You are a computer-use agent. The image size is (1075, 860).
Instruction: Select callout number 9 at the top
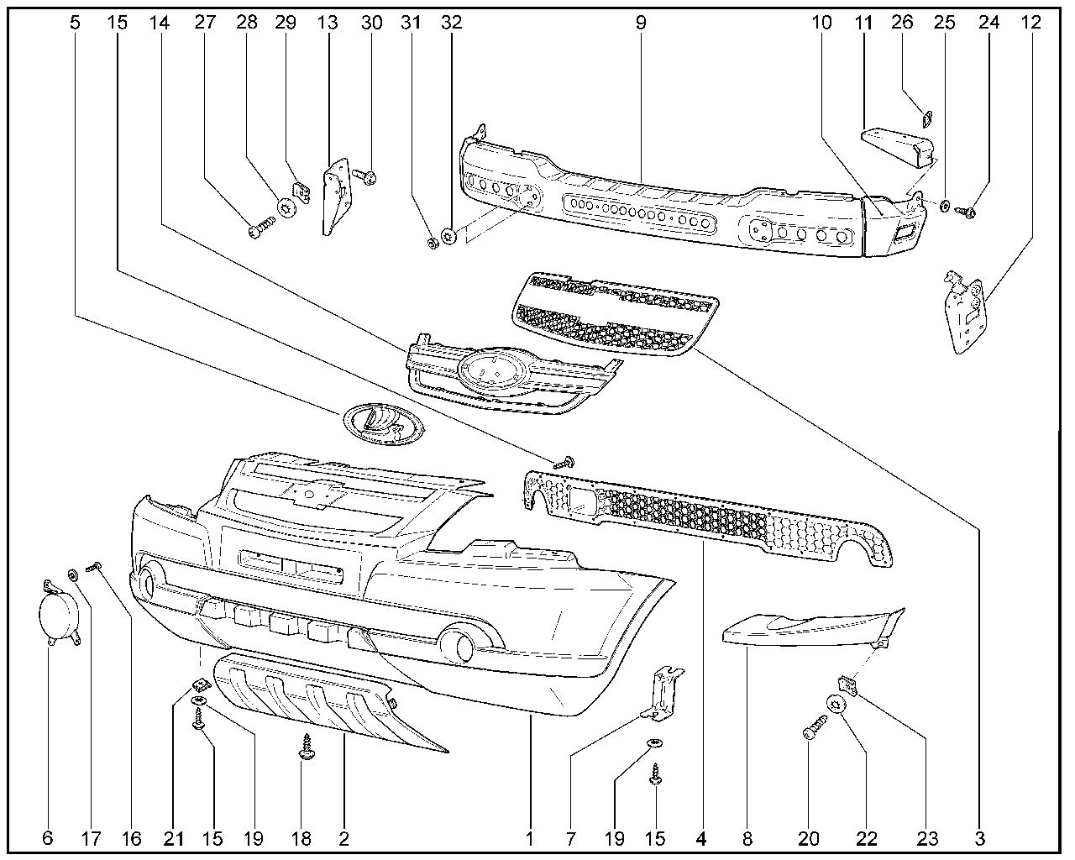pos(641,23)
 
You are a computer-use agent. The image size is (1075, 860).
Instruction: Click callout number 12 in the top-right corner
pos(1032,23)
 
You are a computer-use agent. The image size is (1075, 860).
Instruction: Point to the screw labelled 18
pos(306,748)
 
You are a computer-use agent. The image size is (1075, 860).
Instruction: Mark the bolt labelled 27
pos(262,227)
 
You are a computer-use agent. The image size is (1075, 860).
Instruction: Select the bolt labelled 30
pos(367,176)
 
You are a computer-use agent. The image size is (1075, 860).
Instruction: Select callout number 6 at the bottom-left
pos(47,837)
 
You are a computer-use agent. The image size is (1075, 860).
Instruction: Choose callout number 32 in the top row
pos(451,23)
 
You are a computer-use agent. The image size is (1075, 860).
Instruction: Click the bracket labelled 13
pos(336,197)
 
